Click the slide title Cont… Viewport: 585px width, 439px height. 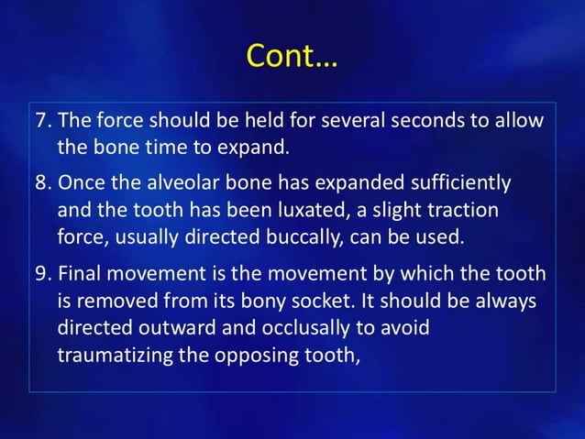[x=292, y=58]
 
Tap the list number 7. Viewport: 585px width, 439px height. [x=42, y=122]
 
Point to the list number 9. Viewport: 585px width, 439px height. [x=42, y=274]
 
